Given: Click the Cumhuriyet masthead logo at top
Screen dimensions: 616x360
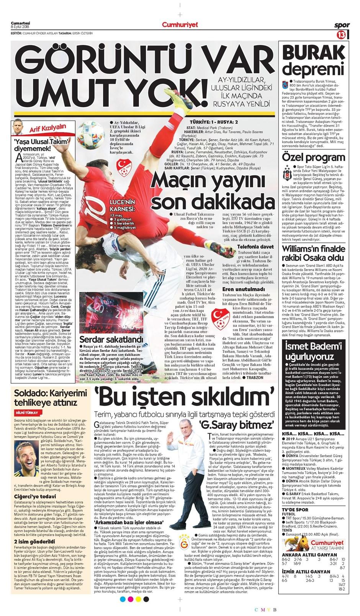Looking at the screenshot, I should click(180, 25).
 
